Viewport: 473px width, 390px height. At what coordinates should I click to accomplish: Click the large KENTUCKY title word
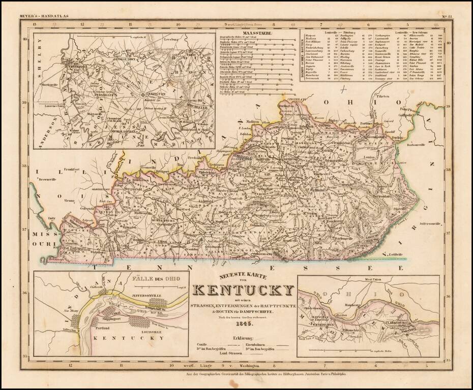coord(244,290)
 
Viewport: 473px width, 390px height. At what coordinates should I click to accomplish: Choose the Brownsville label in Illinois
coord(44,180)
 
